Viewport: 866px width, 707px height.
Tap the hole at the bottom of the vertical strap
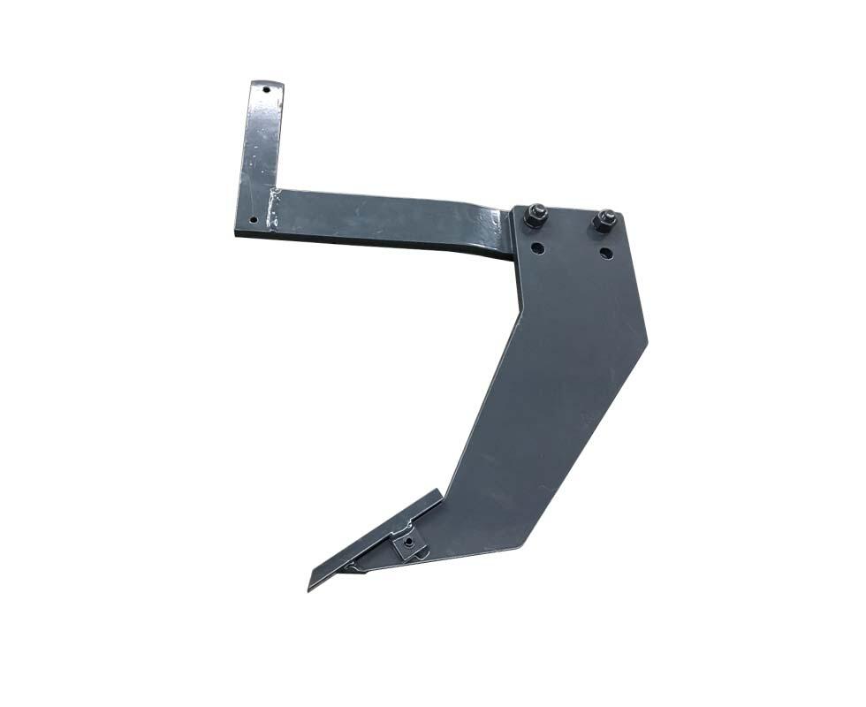253,218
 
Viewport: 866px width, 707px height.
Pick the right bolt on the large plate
605,220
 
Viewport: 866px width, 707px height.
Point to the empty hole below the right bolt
604,255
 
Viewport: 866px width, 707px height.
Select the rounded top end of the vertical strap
267,82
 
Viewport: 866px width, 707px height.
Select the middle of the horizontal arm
389,219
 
